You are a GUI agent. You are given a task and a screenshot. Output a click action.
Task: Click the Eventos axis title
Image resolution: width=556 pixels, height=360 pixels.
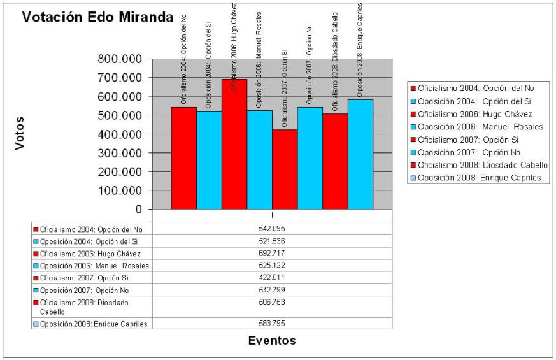(x=272, y=340)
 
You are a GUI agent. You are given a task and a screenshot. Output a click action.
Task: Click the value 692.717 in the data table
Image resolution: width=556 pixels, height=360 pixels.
(x=272, y=254)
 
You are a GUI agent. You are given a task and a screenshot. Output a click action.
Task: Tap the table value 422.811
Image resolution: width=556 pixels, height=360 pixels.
(x=272, y=277)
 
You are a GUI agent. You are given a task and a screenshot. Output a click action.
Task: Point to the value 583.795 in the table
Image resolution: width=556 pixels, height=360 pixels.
(x=272, y=324)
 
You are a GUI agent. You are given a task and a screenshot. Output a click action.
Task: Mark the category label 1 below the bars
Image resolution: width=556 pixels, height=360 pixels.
(x=272, y=215)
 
